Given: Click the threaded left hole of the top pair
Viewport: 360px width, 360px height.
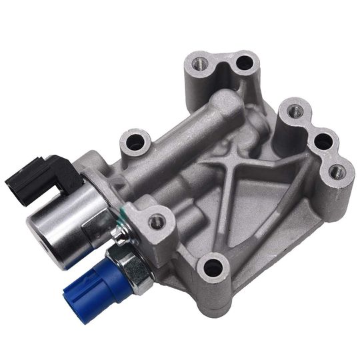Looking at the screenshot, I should pyautogui.click(x=197, y=65).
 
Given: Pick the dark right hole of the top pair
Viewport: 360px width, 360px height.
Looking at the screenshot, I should pyautogui.click(x=245, y=64).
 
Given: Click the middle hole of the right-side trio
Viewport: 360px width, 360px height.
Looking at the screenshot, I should pyautogui.click(x=323, y=141).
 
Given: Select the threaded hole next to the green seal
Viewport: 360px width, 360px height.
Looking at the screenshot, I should pyautogui.click(x=156, y=221).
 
